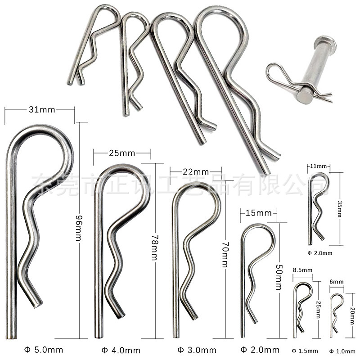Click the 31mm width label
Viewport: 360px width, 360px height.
(x=39, y=108)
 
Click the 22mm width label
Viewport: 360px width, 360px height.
(x=196, y=171)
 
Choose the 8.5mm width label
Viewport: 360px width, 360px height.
(x=302, y=270)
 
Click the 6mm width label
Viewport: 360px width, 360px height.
(x=337, y=282)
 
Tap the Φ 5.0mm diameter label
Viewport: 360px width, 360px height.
(x=44, y=350)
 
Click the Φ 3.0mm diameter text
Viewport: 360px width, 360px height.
(x=197, y=350)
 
